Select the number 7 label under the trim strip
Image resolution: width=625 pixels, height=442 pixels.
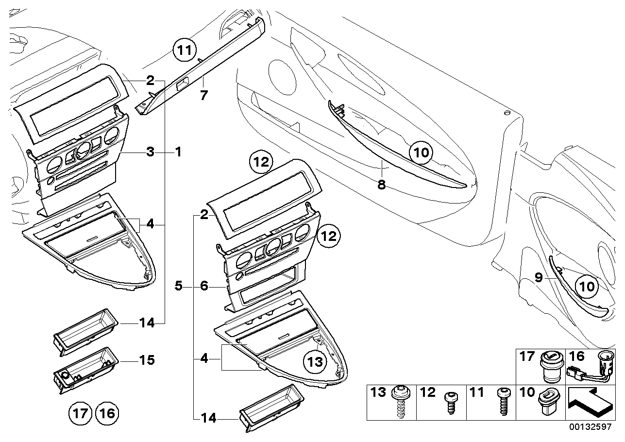[x=204, y=95]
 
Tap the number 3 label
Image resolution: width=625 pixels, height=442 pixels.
[x=151, y=152]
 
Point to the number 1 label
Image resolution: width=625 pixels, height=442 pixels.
[x=178, y=152]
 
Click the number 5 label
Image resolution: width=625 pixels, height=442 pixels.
[x=179, y=287]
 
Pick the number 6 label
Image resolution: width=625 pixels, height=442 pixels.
[x=204, y=287]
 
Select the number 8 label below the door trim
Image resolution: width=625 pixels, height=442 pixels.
[x=382, y=185]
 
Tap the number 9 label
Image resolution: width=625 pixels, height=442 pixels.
[x=538, y=278]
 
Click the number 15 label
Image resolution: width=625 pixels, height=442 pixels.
[x=147, y=360]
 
